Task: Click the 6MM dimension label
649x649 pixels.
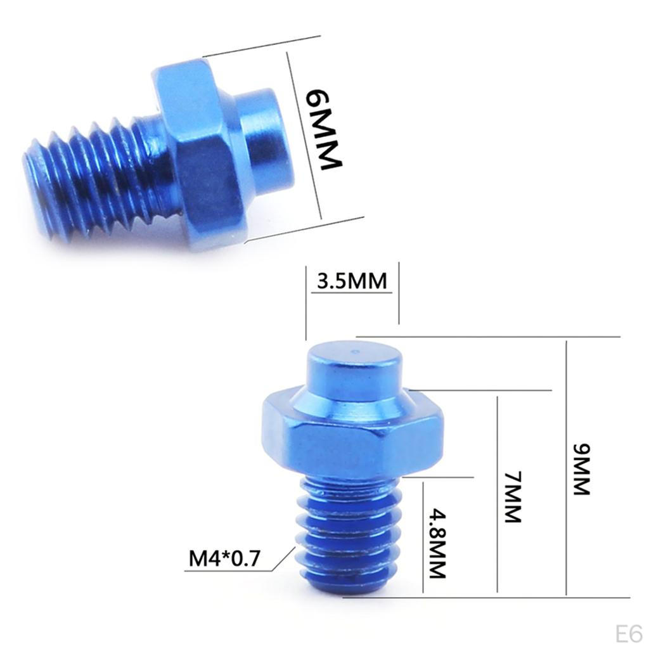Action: pos(323,129)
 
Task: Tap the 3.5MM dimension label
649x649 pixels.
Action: pos(352,281)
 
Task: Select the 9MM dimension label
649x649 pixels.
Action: pos(581,470)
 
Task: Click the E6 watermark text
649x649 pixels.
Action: pos(628,633)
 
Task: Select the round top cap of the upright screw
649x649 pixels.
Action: pos(354,371)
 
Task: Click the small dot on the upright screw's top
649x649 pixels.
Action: pos(356,351)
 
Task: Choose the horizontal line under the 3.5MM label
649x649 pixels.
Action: pos(352,293)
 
